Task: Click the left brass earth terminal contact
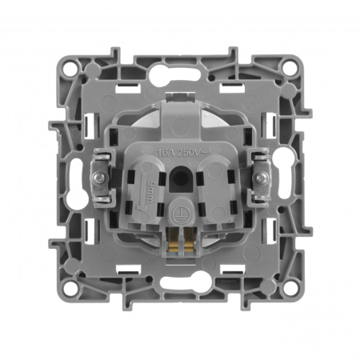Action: point(174,238)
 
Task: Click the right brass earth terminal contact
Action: point(187,238)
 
